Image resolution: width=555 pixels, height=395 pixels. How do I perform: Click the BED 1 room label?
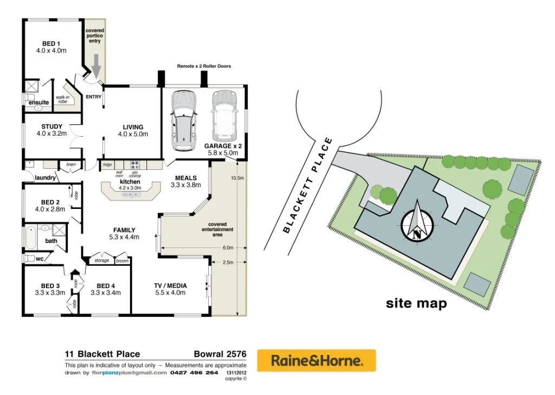[51, 47]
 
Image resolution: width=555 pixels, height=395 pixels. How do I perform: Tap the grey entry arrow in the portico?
[96, 66]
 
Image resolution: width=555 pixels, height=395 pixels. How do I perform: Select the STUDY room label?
[51, 130]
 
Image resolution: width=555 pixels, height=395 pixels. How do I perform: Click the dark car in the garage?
[184, 121]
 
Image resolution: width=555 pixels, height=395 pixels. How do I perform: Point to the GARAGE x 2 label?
[223, 150]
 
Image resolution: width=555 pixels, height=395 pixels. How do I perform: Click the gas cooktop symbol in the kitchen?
[135, 163]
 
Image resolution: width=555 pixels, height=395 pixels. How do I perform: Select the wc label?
[40, 259]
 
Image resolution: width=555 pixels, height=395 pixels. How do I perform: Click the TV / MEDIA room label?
[170, 289]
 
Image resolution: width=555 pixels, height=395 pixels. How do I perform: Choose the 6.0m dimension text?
[228, 248]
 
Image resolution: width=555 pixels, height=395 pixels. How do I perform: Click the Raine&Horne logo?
[316, 360]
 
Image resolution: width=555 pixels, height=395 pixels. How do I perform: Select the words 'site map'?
[416, 303]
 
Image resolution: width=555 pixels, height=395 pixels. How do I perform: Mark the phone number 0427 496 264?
[194, 373]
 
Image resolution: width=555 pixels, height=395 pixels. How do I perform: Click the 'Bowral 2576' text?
[220, 354]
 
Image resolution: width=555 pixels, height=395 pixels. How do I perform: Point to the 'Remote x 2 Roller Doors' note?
[204, 66]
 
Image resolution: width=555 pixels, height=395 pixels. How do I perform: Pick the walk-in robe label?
[62, 99]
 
